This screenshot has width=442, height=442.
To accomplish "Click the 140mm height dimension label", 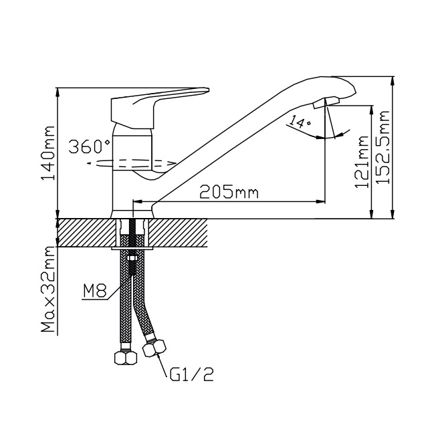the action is [x=47, y=153].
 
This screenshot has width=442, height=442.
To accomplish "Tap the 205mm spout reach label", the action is [x=229, y=193].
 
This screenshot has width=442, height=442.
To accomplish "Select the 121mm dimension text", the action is [x=362, y=162].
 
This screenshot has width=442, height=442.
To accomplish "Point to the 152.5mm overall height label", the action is [x=382, y=147].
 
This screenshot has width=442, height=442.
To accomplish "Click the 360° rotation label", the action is [x=90, y=146].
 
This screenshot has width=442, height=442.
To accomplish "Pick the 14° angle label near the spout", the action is [x=300, y=122].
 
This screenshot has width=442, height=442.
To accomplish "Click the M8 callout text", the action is [x=95, y=291].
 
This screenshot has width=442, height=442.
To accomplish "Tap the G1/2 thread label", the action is [x=192, y=374].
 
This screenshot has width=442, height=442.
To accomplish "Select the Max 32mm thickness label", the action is [x=48, y=289].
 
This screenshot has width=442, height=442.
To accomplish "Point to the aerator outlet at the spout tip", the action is [x=326, y=102].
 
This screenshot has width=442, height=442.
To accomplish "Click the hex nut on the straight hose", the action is [x=126, y=358].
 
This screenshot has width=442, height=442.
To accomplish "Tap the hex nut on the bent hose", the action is [x=154, y=348].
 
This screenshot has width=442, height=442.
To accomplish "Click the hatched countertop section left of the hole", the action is [x=87, y=233].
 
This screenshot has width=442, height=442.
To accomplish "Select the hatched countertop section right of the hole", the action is [x=178, y=233].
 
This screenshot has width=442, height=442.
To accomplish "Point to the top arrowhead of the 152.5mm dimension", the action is [x=392, y=81].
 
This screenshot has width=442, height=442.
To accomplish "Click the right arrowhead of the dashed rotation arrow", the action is [x=172, y=162].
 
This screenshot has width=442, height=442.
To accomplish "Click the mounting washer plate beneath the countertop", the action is [x=132, y=248].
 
